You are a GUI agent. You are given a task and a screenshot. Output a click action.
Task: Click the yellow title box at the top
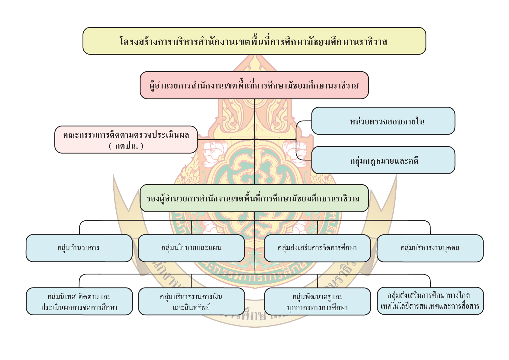254,41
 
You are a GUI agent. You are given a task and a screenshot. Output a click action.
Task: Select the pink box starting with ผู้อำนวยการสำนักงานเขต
254,85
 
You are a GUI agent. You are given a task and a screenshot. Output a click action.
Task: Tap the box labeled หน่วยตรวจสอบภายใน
383,121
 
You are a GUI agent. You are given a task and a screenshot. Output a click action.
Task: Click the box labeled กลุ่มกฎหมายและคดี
383,160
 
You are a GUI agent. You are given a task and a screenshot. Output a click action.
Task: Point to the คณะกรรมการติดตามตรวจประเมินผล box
126,140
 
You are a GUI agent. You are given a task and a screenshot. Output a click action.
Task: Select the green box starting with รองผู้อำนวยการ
254,198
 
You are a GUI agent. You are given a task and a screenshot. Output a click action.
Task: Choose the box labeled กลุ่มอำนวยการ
79,248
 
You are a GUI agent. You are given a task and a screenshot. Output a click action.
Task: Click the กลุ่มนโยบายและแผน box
191,248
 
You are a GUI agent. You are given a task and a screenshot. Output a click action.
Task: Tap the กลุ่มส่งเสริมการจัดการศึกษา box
317,248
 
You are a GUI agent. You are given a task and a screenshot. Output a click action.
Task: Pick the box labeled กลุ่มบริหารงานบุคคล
430,248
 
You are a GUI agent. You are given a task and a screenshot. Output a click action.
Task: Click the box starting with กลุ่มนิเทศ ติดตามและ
79,301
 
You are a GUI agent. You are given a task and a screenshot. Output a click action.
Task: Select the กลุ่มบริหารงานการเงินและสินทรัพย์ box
191,301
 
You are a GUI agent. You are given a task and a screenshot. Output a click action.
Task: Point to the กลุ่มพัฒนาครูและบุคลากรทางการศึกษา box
317,301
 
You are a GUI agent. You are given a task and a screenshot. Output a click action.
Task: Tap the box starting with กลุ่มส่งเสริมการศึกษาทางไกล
430,301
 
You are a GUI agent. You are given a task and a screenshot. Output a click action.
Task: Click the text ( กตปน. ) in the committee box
126,146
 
